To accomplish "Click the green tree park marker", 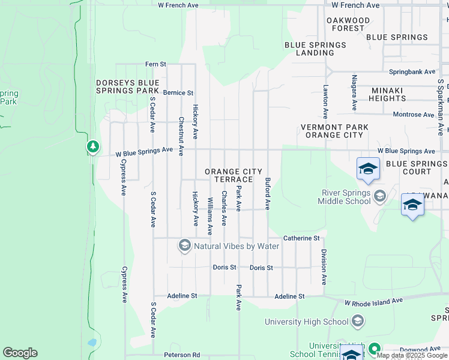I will (92, 146).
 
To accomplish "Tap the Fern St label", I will (155, 64).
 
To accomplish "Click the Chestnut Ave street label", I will (181, 136).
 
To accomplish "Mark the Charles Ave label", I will (224, 208).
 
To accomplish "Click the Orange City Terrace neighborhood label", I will (234, 176).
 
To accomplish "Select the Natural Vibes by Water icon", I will (184, 245).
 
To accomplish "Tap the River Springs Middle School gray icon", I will (379, 196).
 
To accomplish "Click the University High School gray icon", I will (358, 322).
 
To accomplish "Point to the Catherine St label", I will (301, 238).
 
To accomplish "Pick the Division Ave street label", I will (324, 266).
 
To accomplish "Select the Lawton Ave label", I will (326, 100).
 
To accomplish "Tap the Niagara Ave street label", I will (355, 93).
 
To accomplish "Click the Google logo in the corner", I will (20, 353).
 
